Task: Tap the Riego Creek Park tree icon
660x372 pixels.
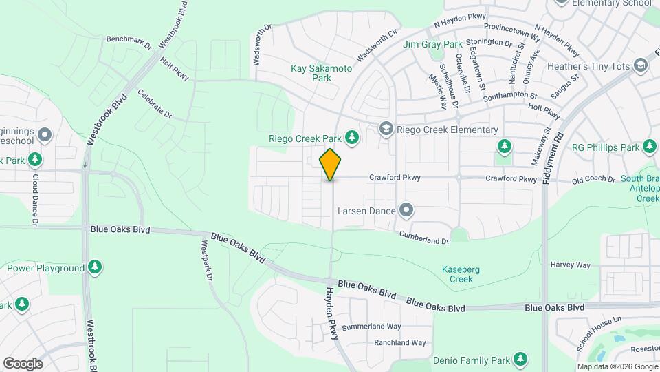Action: (x=352, y=138)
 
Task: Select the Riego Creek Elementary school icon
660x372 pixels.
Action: (x=386, y=130)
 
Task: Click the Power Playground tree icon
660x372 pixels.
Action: (x=95, y=267)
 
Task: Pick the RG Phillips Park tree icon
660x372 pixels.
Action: (x=648, y=146)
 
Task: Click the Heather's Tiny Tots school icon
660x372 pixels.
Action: (x=641, y=65)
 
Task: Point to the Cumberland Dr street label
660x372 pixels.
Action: (x=426, y=238)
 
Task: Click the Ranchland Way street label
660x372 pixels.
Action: (x=399, y=342)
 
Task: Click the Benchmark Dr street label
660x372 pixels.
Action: (x=129, y=43)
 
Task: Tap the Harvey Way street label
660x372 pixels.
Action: (x=570, y=265)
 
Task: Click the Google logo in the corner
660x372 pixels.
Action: (x=23, y=363)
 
